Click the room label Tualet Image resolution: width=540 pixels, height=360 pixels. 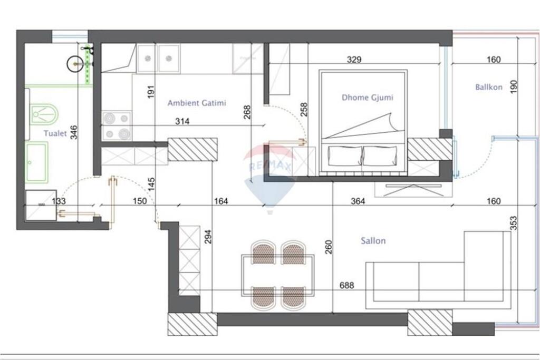coord(55,133)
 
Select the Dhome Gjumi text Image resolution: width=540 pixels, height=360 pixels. coord(368,98)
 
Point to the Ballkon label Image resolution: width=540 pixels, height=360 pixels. coord(489,87)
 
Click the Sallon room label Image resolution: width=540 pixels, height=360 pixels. coord(373,241)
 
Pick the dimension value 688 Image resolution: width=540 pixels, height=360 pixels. coord(346,286)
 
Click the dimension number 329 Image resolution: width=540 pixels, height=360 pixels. coord(354,60)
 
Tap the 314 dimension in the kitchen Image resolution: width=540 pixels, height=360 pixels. coord(182,121)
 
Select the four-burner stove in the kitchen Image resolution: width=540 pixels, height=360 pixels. coord(117,126)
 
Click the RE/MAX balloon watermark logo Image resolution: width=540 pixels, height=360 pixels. coord(269,174)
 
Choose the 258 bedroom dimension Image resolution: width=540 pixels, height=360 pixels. coord(303,109)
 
